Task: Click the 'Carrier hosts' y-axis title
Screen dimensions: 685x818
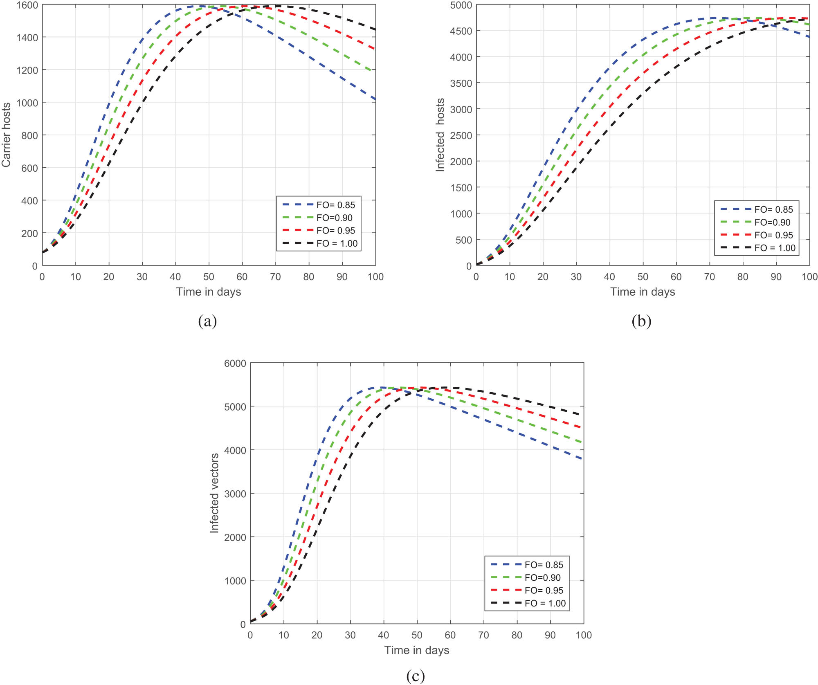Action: tap(6, 135)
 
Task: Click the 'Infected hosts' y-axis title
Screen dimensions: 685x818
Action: tap(440, 135)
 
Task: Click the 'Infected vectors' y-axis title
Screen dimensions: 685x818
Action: tap(214, 493)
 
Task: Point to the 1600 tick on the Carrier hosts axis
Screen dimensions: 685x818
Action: tap(27, 5)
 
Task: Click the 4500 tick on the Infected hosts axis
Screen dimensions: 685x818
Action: tap(461, 31)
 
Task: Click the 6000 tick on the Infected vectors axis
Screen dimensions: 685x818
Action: tap(235, 364)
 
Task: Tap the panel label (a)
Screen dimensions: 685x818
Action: tap(207, 321)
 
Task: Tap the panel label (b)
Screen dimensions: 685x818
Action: tap(641, 321)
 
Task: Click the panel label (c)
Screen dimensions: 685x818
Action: tap(416, 676)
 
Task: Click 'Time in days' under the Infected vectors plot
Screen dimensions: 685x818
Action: tap(417, 650)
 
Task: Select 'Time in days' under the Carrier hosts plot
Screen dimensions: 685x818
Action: tap(209, 292)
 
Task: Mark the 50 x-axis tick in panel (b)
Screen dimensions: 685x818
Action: tap(643, 277)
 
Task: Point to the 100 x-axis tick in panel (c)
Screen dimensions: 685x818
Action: tap(584, 635)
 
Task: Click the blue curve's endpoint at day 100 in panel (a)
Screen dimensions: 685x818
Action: tap(375, 99)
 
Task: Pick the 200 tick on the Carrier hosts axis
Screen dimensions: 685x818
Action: tap(29, 234)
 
